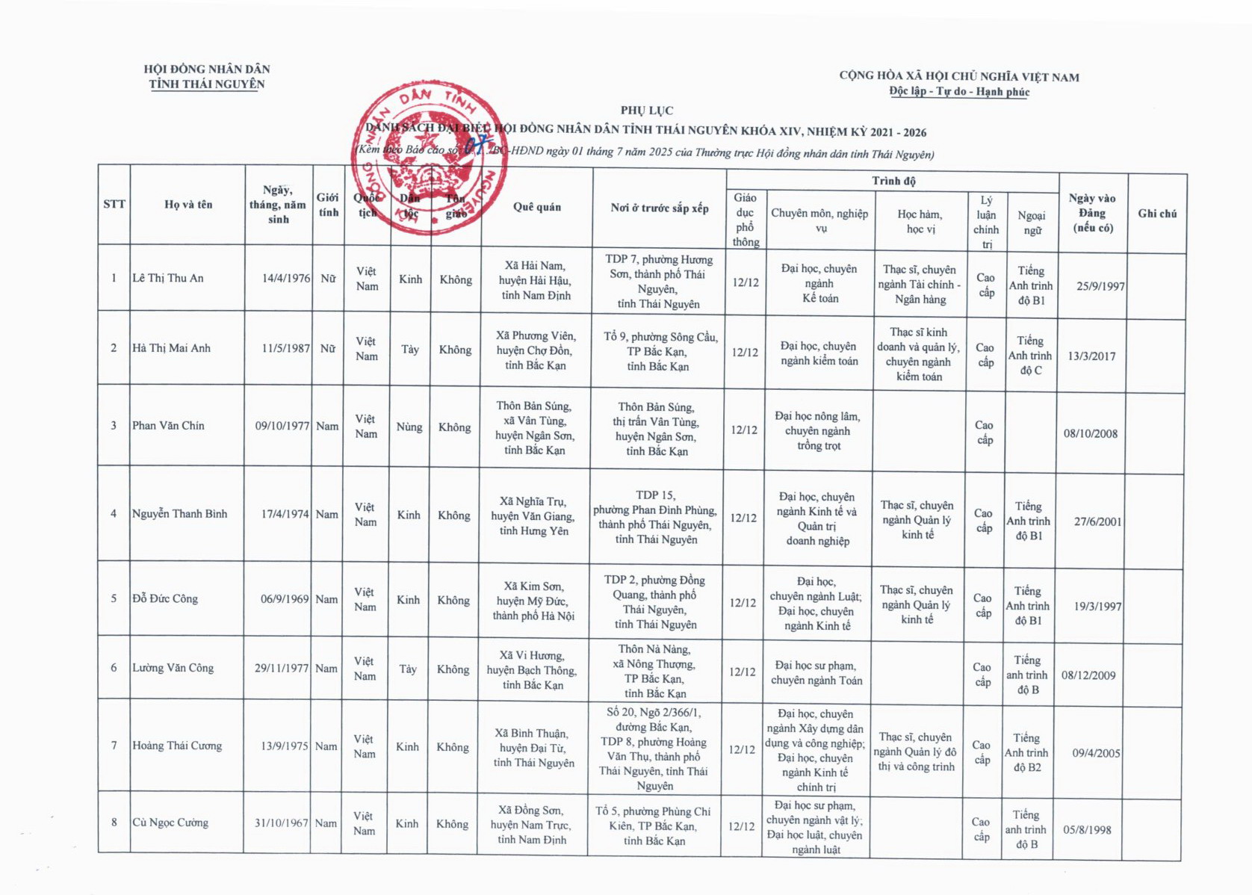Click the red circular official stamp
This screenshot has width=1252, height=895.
(429, 158)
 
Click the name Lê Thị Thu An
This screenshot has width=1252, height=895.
(168, 278)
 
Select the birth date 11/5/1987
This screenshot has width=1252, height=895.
(285, 348)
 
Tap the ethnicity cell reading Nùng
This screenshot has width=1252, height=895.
(409, 427)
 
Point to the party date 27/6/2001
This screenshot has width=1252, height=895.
(1097, 521)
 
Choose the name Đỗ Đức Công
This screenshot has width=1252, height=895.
(165, 598)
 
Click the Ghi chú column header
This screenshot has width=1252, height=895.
(1157, 214)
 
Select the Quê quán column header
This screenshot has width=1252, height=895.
(536, 207)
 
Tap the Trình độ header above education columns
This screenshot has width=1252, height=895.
(893, 181)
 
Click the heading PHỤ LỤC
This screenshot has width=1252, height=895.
(647, 111)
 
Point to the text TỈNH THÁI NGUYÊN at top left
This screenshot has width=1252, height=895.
(207, 84)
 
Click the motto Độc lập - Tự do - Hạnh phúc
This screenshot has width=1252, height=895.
(959, 91)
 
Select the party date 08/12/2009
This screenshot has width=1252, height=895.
(1088, 675)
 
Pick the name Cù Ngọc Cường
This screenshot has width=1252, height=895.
(170, 823)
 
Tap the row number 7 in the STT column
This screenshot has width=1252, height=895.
(114, 746)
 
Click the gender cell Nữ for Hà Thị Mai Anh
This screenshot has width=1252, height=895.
(328, 348)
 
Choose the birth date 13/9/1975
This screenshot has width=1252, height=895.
(285, 746)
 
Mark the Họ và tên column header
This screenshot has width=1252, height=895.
(188, 204)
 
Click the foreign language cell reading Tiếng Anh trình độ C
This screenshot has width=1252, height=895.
(1030, 356)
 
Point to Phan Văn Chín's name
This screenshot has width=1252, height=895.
(168, 425)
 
